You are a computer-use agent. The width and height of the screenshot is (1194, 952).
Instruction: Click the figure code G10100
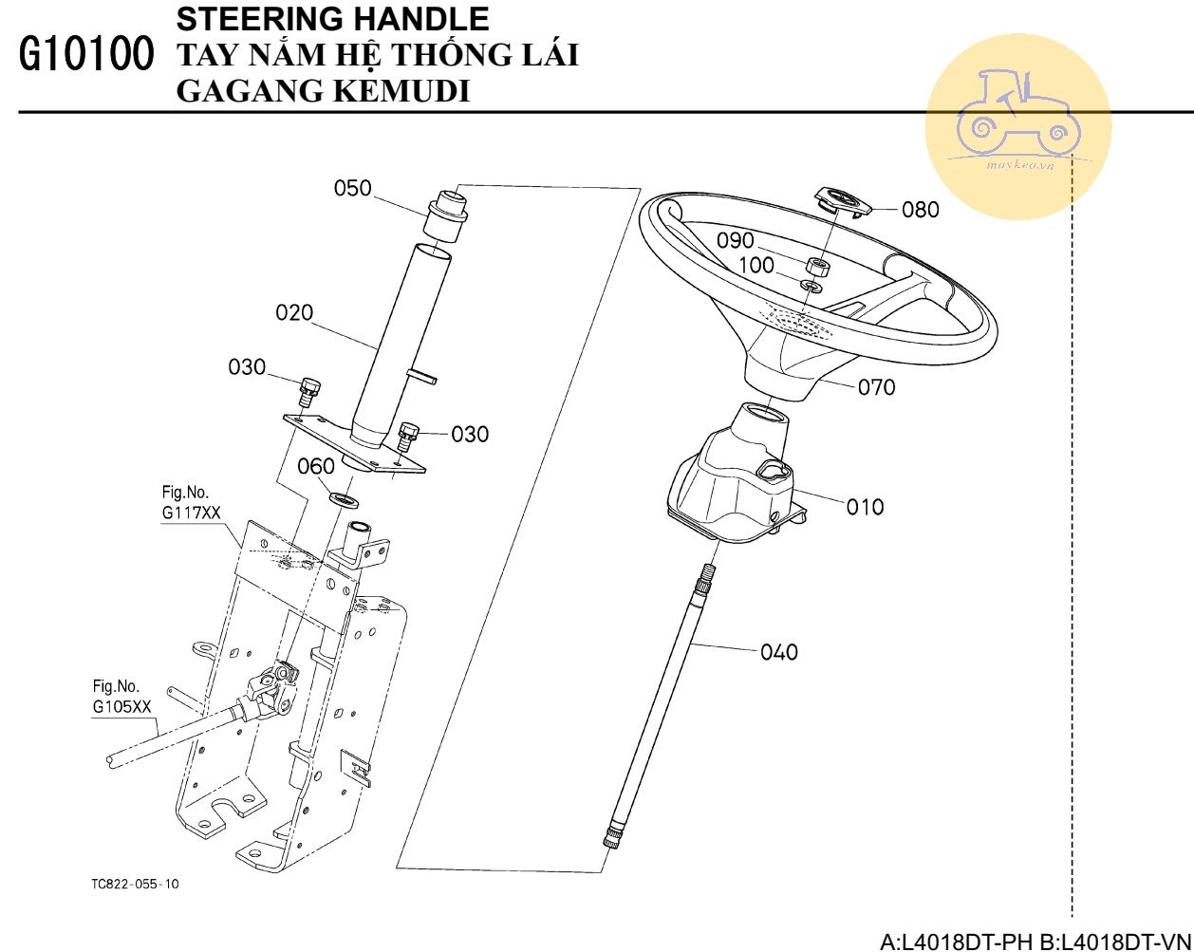pos(86,53)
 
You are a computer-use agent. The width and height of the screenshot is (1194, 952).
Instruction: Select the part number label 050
pos(352,188)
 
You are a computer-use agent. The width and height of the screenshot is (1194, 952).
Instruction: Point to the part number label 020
pos(294,313)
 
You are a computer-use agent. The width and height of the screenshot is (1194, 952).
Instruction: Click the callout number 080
pos(921,210)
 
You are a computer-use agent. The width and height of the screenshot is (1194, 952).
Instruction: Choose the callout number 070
pos(877,387)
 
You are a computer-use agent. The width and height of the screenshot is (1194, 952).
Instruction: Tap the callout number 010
pos(865,507)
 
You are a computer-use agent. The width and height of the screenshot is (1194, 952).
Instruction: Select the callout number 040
pos(779,652)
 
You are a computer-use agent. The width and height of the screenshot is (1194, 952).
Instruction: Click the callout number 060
pos(316,467)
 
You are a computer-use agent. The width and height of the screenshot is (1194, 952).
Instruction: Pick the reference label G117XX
pos(192,513)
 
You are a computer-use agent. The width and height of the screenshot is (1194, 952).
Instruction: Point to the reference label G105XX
pos(122,707)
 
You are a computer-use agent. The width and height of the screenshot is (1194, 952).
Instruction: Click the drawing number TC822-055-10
pos(136,885)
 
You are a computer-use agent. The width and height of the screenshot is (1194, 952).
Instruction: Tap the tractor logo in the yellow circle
pos(1018,113)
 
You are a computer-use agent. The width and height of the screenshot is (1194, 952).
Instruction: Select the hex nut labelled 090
pos(816,267)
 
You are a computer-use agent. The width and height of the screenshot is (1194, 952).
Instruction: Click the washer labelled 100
pos(812,287)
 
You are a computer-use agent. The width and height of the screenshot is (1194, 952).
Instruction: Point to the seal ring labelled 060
pos(344,498)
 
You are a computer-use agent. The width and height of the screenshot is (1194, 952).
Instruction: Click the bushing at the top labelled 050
pos(445,215)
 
